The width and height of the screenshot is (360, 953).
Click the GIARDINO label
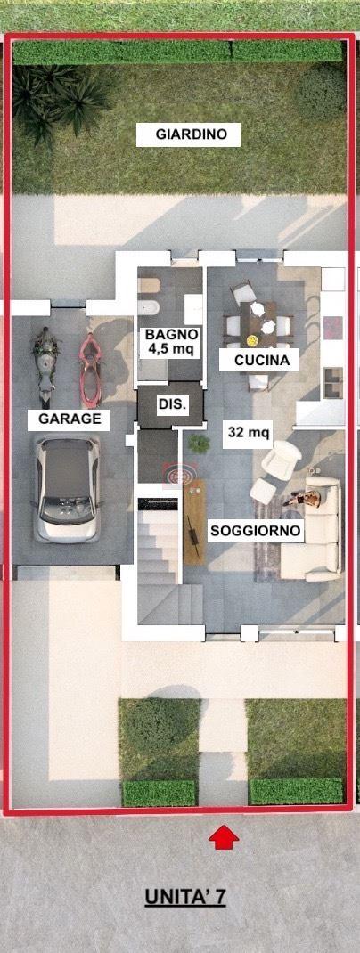point(188,134)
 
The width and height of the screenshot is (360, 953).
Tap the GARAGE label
point(69,419)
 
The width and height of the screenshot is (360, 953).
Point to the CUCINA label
point(259,361)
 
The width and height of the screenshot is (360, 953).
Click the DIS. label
point(171,403)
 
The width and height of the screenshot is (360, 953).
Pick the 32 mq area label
point(248,433)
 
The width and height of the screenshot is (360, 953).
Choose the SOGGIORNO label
point(255,531)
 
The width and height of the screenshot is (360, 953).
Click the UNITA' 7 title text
point(184,896)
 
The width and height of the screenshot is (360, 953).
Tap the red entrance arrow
point(223,836)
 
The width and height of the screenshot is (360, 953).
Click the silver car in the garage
point(67,489)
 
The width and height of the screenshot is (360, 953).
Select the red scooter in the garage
point(91,370)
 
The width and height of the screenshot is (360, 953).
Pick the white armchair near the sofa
point(281,459)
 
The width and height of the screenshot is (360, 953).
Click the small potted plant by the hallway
point(199,443)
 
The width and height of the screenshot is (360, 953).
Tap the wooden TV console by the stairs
point(194,522)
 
